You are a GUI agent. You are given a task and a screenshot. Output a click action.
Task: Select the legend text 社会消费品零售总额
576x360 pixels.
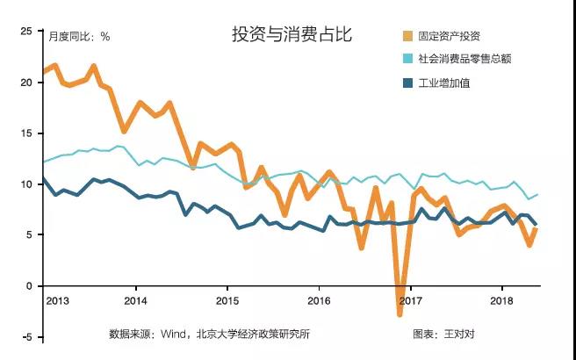click(464, 60)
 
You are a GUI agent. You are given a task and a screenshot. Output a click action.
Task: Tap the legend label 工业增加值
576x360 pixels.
click(445, 84)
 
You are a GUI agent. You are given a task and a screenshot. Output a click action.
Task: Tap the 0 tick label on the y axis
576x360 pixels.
click(28, 286)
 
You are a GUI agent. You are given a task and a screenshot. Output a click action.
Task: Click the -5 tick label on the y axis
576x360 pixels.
click(26, 337)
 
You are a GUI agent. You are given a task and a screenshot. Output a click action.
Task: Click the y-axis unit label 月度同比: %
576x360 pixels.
click(79, 37)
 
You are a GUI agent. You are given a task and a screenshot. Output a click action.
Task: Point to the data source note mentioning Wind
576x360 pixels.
click(209, 334)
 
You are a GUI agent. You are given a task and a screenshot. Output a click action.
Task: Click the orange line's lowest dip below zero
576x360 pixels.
click(400, 313)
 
